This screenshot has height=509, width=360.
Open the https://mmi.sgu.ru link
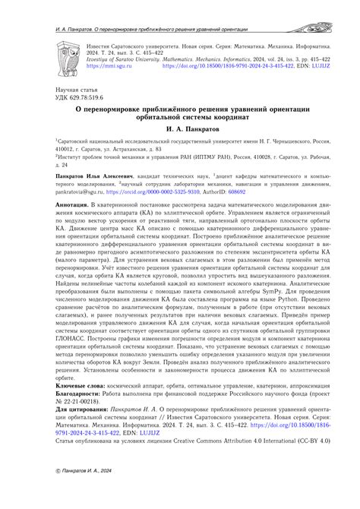pyautogui.click(x=106, y=66)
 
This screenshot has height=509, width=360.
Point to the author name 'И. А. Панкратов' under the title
pyautogui.click(x=179, y=130)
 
